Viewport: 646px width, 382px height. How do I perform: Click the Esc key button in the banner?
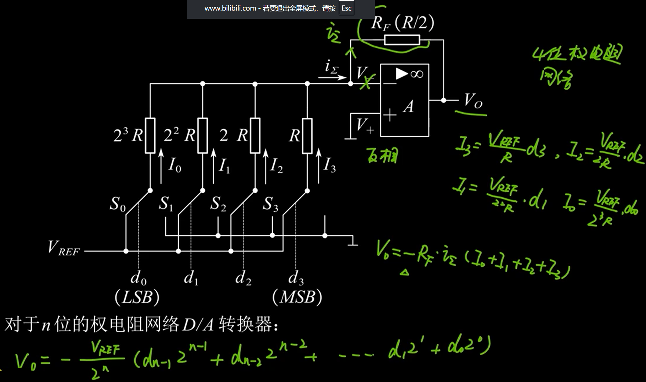click(346, 8)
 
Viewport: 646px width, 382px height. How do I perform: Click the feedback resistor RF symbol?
click(402, 40)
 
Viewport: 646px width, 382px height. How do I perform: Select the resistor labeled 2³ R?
click(150, 136)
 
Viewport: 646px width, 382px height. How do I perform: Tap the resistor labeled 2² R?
click(203, 136)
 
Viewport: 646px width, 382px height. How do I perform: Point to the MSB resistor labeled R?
click(307, 136)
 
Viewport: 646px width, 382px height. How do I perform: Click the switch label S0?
click(117, 204)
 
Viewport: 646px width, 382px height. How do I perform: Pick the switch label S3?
click(270, 204)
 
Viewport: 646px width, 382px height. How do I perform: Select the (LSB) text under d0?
click(137, 297)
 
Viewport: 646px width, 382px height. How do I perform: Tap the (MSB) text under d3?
click(297, 297)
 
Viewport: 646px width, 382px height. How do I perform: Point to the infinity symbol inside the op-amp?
click(417, 74)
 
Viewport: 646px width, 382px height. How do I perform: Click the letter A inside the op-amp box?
click(408, 106)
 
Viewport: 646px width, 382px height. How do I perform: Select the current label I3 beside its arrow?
click(329, 165)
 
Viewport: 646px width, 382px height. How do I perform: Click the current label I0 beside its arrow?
click(175, 165)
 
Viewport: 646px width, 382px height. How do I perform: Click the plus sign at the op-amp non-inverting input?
click(390, 115)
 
